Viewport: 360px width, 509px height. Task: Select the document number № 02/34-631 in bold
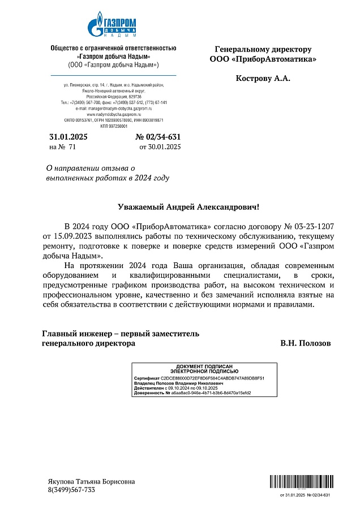point(158,137)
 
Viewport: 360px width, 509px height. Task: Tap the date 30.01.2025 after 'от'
point(164,147)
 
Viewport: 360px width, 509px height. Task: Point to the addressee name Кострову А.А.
point(263,78)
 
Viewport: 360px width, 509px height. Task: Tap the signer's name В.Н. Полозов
point(306,343)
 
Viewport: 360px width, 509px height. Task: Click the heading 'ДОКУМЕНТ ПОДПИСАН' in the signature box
point(205,367)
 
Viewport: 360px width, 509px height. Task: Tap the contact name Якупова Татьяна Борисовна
point(91,481)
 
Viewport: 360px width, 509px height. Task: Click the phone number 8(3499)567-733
point(71,490)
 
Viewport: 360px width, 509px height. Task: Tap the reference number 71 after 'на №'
point(72,147)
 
